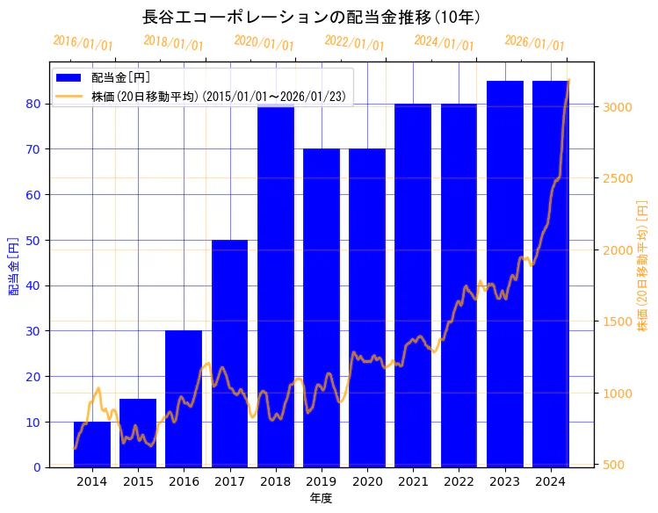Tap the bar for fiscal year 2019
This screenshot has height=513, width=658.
(322, 307)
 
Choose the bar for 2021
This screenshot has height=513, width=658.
(413, 285)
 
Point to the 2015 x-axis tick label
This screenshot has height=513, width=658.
(138, 481)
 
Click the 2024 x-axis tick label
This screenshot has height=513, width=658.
(550, 481)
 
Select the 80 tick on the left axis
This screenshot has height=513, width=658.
(33, 104)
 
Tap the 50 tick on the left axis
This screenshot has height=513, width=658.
(33, 240)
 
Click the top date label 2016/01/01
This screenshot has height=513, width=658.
(83, 43)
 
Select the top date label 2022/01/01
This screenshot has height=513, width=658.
(354, 43)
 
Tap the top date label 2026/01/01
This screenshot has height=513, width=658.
(534, 43)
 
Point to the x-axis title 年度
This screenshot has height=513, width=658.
(321, 498)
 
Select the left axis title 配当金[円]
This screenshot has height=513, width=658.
(14, 265)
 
